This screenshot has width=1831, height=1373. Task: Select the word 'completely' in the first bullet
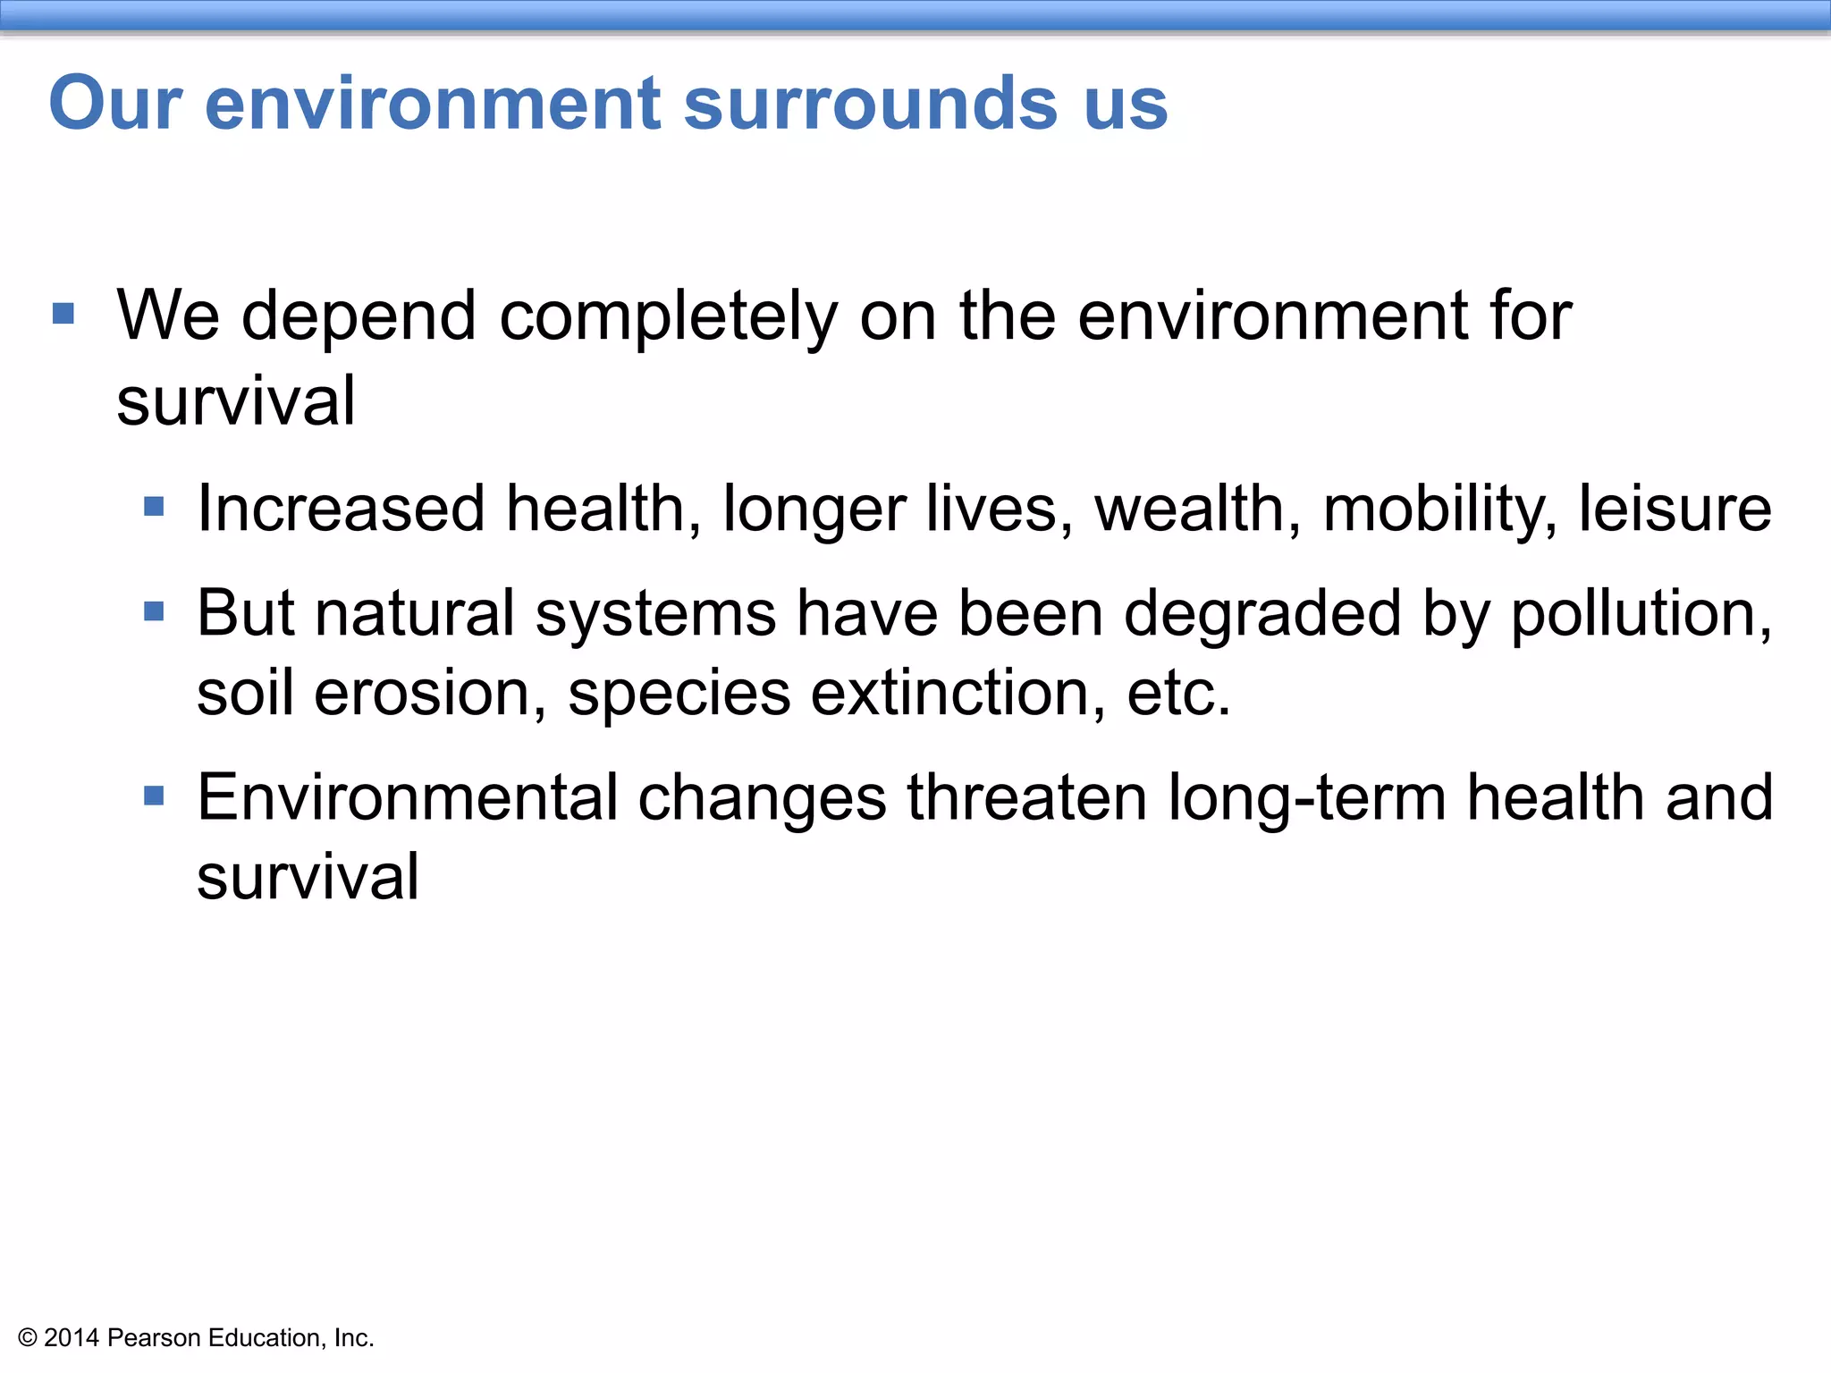[x=668, y=316]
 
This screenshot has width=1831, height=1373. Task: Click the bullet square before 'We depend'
[x=63, y=314]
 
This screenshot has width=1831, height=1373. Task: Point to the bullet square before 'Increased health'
[x=154, y=508]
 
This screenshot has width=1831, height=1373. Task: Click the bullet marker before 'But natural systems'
[x=154, y=612]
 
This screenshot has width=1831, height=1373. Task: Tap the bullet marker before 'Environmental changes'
[x=154, y=796]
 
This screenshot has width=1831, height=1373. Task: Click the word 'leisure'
[x=1675, y=509]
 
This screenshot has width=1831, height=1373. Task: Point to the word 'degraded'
[x=1261, y=614]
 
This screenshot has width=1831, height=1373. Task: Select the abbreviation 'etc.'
[x=1178, y=693]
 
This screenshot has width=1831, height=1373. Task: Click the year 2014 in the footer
[x=72, y=1338]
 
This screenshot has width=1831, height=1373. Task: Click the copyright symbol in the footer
[x=28, y=1338]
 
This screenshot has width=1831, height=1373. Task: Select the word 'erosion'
[x=430, y=693]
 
